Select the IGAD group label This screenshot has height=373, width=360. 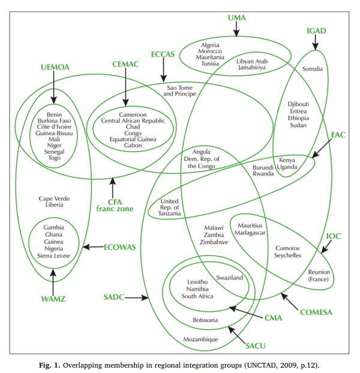316,31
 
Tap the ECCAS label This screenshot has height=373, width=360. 163,54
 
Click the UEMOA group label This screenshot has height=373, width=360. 55,67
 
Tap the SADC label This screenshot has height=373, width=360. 114,297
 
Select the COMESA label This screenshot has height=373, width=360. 315,312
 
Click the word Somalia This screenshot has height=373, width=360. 312,69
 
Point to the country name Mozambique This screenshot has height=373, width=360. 200,339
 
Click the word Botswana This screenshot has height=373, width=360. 205,321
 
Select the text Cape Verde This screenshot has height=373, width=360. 51,198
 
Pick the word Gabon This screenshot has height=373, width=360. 133,146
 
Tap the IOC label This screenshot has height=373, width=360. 333,236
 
